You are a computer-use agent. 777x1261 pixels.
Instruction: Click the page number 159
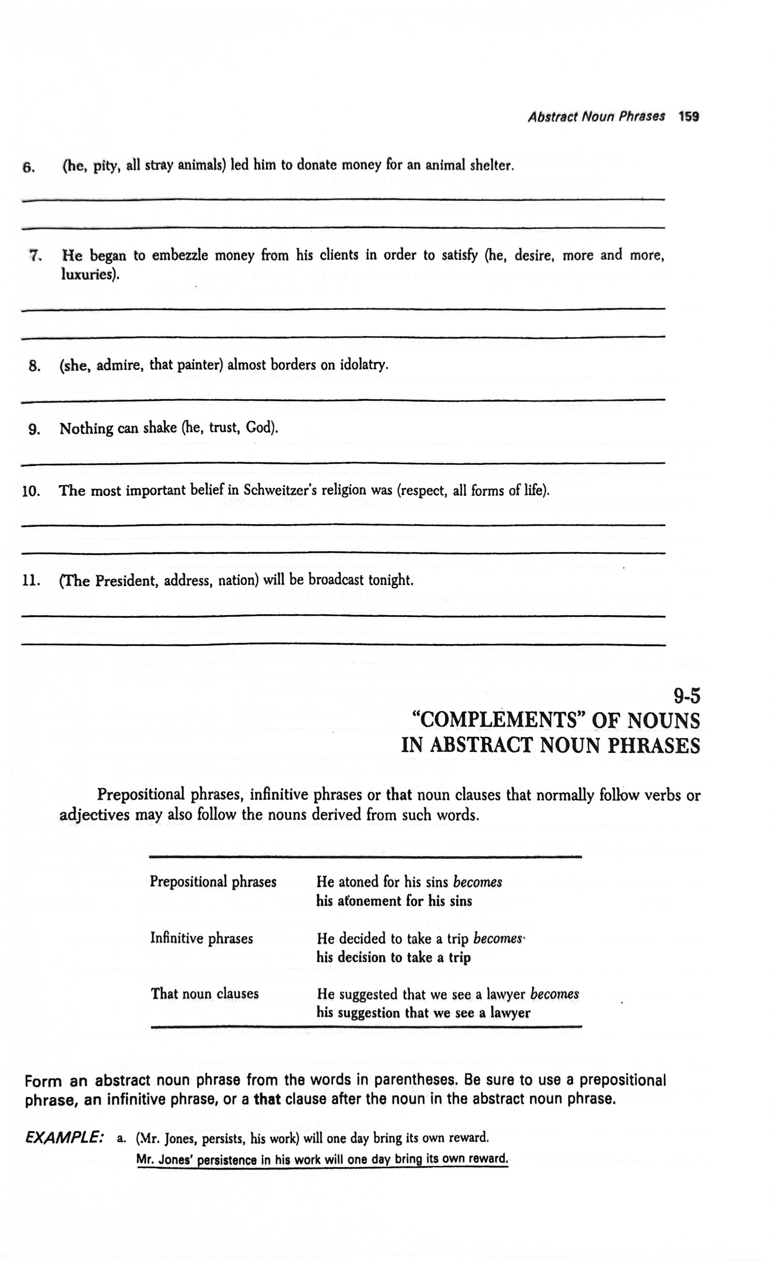(688, 116)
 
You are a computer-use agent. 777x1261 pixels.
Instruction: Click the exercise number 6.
(28, 168)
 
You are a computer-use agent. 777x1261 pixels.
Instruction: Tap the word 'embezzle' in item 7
(180, 256)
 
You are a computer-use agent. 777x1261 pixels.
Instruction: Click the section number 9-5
(687, 696)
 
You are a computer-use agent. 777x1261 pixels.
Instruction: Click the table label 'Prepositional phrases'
(213, 882)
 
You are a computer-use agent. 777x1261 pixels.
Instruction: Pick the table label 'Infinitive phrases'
(201, 938)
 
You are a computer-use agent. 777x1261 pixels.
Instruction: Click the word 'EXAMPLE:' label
(64, 1138)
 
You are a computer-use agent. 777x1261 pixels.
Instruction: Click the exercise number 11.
(31, 581)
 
